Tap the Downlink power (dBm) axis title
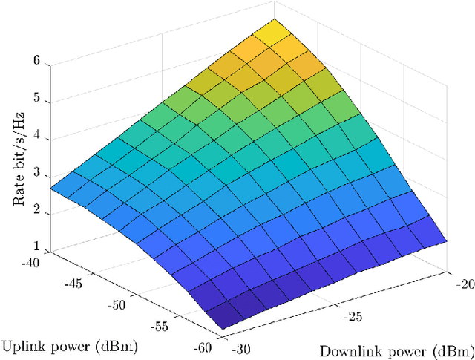[x=396, y=350]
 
